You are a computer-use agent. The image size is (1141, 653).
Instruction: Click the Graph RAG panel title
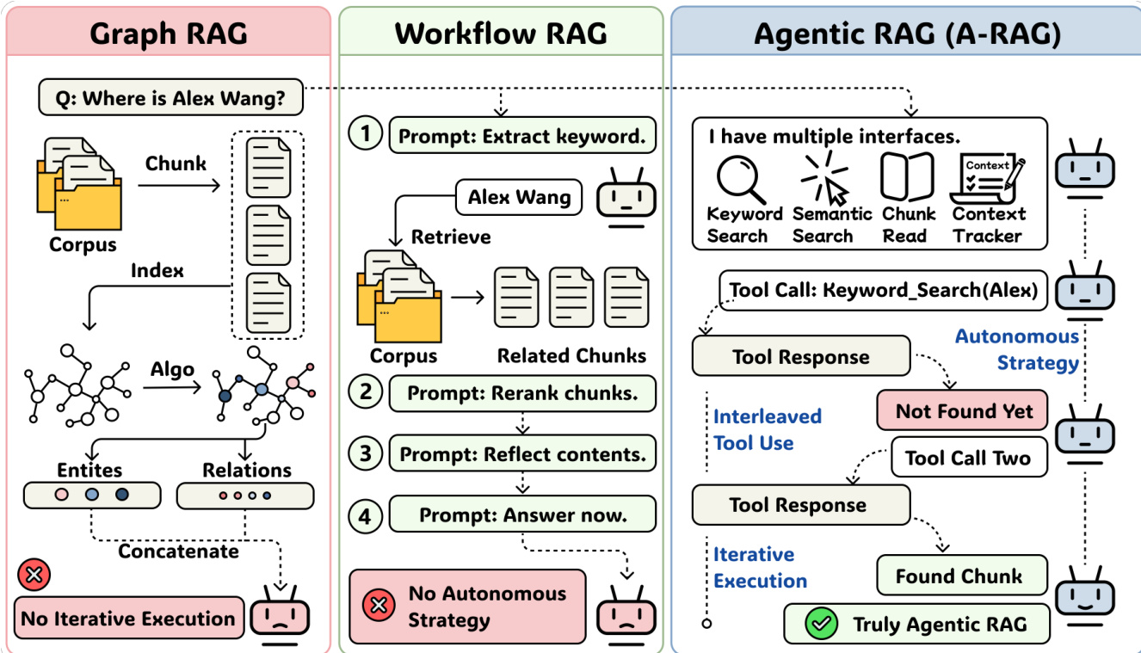[x=169, y=33]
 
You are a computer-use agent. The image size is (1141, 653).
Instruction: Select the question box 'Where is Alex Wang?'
[x=170, y=98]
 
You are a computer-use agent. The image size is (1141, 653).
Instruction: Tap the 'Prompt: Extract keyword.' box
[x=522, y=136]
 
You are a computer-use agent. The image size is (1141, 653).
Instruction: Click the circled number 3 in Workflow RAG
[x=366, y=453]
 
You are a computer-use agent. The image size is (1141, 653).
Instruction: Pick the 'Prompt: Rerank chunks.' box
[x=522, y=393]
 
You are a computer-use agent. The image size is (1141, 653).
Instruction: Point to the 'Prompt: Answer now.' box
[x=522, y=515]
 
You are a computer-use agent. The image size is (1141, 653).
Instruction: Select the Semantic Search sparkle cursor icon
[x=825, y=177]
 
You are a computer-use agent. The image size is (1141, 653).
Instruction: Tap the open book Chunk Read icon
[x=908, y=177]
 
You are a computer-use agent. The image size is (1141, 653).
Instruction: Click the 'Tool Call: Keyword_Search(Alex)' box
[x=883, y=291]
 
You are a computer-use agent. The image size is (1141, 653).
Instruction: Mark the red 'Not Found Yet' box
[x=962, y=411]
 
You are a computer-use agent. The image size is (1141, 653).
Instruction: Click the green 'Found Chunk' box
[x=961, y=576]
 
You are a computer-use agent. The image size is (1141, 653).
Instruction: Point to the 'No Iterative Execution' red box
[x=127, y=618]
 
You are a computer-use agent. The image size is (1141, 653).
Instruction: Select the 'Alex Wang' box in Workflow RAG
[x=519, y=198]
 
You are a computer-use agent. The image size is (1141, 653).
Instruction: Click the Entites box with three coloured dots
[x=91, y=495]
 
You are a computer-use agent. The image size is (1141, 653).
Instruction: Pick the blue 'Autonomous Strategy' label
[x=1016, y=349]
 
